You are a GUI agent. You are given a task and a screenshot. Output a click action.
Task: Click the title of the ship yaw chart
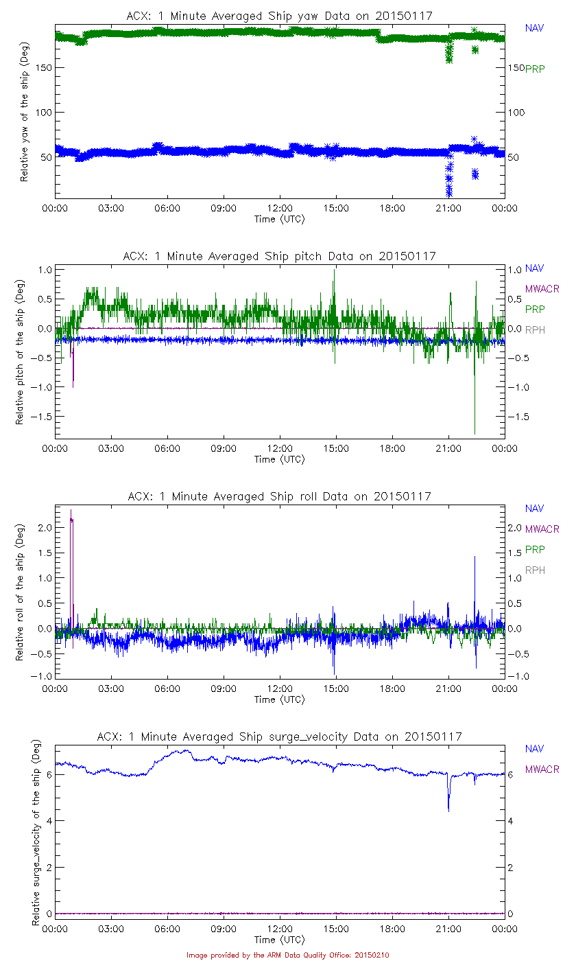[279, 16]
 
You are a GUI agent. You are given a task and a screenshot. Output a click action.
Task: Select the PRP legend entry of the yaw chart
[535, 69]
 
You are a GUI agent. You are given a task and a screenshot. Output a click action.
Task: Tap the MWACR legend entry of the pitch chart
[542, 289]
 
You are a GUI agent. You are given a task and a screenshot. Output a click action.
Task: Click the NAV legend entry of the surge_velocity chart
[534, 749]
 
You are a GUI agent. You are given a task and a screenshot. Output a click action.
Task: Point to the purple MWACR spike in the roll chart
[71, 522]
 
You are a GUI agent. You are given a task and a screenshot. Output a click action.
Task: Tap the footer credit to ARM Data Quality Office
[287, 955]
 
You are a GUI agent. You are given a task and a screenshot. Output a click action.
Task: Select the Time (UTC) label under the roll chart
[279, 699]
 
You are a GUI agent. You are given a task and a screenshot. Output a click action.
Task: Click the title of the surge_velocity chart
[279, 737]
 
